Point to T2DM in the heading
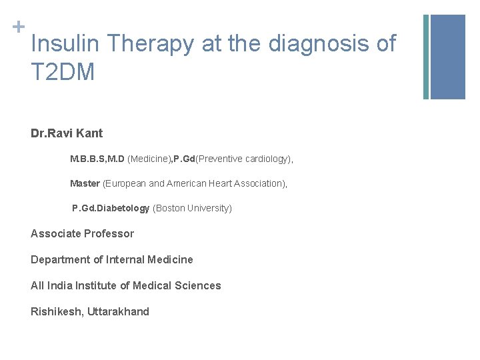click(63, 72)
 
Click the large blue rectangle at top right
click(447, 57)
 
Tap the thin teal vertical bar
click(426, 57)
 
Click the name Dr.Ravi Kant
click(67, 133)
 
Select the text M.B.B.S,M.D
click(97, 159)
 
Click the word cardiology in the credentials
click(266, 159)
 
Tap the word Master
click(85, 183)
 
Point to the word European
click(125, 183)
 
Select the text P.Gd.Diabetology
click(111, 208)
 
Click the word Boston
click(171, 208)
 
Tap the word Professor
click(109, 233)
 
